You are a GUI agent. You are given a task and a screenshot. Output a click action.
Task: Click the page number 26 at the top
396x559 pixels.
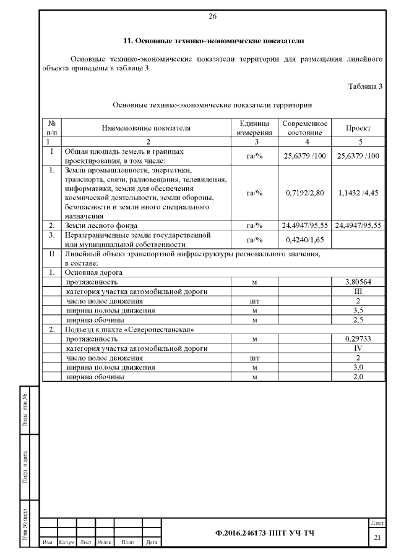[213, 15]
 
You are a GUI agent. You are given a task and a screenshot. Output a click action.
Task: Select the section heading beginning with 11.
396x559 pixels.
[213, 41]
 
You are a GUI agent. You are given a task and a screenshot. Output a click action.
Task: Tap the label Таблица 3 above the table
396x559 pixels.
[365, 86]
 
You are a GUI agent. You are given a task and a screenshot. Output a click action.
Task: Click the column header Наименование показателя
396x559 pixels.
[146, 128]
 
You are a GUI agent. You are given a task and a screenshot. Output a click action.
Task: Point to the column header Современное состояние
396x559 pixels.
[304, 128]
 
